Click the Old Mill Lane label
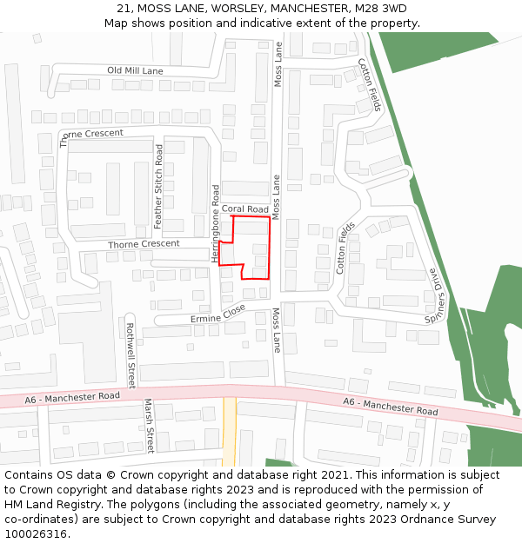point(135,70)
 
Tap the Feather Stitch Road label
point(158,187)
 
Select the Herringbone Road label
point(215,223)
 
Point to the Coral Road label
point(244,209)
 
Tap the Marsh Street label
point(148,426)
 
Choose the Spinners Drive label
point(436,296)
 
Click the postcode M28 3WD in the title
point(380,9)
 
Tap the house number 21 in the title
point(124,9)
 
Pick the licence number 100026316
point(37,533)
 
